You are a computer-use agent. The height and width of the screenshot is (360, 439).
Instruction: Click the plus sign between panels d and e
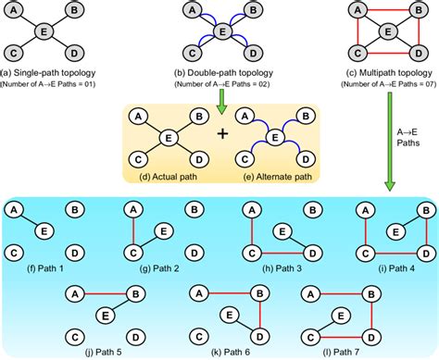pos(221,134)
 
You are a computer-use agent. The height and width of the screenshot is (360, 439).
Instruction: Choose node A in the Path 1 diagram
pos(16,210)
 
